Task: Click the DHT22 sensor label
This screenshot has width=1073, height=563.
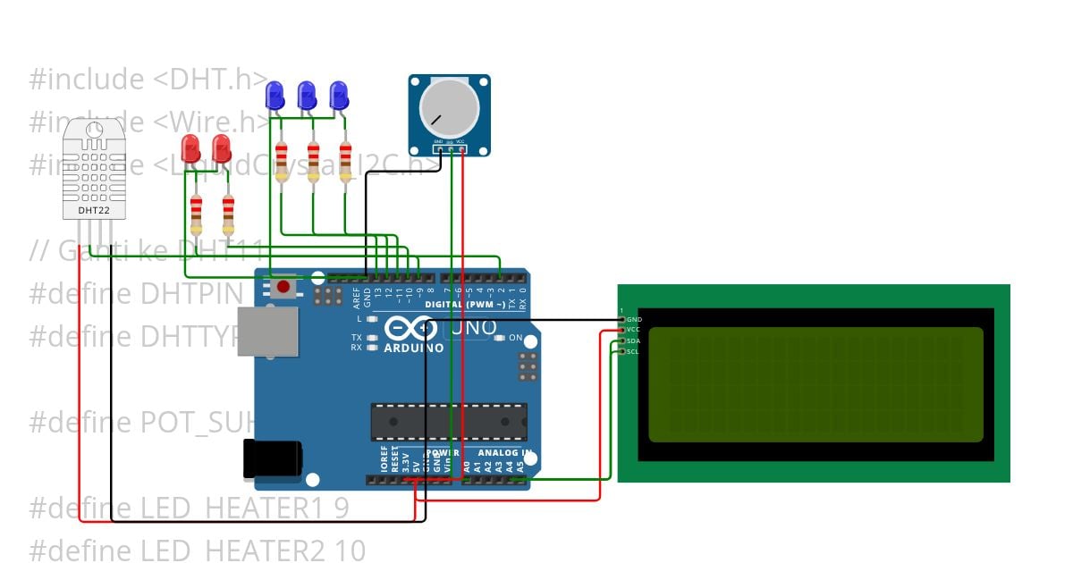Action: coord(94,211)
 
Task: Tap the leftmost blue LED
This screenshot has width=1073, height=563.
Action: coord(275,94)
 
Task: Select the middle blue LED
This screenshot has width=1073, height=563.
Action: coord(307,94)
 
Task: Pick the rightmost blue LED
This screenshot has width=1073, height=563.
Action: coord(338,94)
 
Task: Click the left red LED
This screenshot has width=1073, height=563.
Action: coord(190,147)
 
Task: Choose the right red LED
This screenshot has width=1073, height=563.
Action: coord(222,147)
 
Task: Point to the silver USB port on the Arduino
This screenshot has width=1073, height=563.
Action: coord(267,331)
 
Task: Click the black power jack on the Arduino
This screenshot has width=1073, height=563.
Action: coord(272,458)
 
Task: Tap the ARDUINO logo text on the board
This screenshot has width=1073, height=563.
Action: coord(414,348)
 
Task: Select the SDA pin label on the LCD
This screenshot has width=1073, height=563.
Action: coord(632,340)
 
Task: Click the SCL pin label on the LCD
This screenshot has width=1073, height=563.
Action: coord(632,351)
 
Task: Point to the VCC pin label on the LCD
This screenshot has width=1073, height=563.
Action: coord(633,330)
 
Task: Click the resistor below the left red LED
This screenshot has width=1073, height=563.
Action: coord(196,212)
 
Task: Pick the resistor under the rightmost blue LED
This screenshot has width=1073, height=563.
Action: coord(345,161)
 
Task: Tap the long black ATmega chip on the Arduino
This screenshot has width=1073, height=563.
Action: coord(449,421)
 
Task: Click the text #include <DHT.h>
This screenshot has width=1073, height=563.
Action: coord(148,80)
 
